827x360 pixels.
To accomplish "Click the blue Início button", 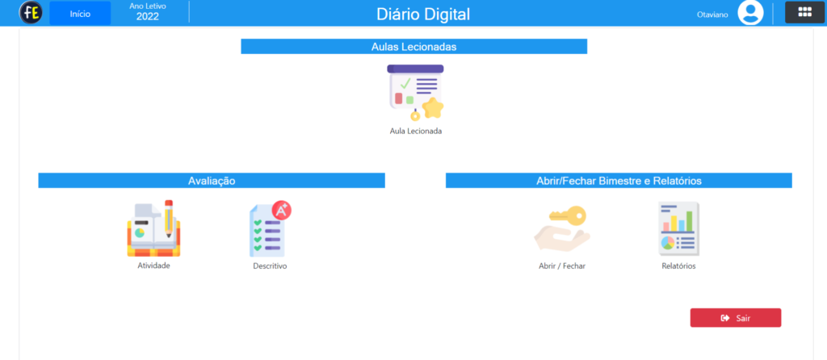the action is [80, 14].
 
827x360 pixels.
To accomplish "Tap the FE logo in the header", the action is [31, 13].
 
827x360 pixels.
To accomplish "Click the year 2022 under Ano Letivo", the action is [148, 16].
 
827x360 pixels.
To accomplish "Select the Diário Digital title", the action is [423, 15].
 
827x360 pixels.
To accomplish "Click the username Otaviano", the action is [712, 15].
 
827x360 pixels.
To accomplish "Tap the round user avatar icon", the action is [750, 13].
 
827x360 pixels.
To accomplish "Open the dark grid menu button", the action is [805, 13].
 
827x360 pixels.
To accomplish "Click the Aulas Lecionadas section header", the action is [414, 46].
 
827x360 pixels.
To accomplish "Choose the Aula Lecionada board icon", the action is [416, 93].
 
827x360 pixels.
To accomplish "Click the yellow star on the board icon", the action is [433, 108].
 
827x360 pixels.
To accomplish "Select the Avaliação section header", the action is [212, 181].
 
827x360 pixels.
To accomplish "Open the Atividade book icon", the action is [153, 228].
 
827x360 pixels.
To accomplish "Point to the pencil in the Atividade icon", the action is [169, 219].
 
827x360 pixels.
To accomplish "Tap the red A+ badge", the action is [282, 211].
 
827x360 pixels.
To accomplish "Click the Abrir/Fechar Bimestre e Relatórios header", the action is [619, 181].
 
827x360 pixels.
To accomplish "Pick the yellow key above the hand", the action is [568, 215].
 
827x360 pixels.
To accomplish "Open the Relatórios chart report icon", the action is [678, 228].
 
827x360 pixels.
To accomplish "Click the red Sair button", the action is [736, 318].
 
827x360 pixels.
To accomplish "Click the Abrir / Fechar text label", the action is [562, 266].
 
